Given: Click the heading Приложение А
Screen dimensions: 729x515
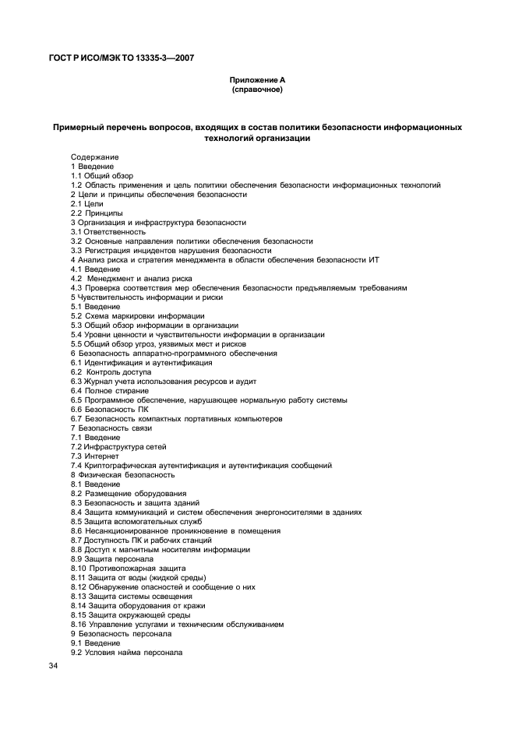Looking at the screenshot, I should (257, 80).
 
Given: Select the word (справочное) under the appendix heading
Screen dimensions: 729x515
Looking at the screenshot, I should (257, 90).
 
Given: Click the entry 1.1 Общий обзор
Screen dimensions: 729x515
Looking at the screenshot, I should (102, 175).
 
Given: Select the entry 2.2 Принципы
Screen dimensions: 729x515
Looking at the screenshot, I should (97, 213).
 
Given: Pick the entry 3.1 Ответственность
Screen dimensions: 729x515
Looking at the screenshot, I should (108, 231).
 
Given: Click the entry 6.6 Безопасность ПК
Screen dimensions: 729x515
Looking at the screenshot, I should (110, 409).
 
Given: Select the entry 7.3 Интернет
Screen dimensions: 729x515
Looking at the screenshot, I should (95, 456).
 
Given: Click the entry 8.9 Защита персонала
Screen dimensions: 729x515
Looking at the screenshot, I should (112, 558).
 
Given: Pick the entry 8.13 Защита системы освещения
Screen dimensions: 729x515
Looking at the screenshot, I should (129, 596).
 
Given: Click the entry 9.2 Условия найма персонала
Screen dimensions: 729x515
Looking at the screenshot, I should (127, 652).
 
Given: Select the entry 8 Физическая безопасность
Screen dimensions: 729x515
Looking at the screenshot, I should (122, 474).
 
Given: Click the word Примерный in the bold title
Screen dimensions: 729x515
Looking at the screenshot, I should (83, 126).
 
